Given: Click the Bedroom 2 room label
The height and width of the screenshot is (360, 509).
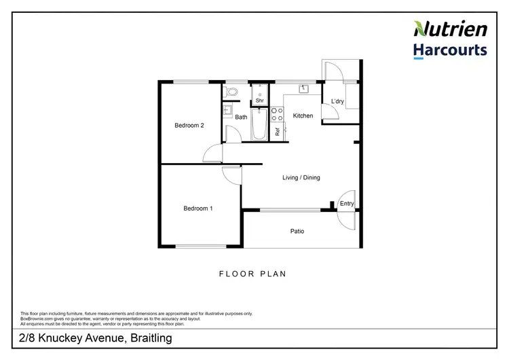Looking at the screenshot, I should click(x=189, y=125).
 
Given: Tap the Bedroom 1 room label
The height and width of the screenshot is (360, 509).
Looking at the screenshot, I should click(x=198, y=209).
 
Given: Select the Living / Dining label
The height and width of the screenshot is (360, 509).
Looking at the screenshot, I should click(x=301, y=178).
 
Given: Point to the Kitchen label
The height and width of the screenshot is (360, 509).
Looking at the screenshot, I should click(x=303, y=116).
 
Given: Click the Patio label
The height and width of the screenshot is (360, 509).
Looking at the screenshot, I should click(x=297, y=232).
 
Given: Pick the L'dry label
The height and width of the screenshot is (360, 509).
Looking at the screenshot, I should click(x=338, y=103).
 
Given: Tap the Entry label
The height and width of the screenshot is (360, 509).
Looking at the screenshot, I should click(x=347, y=204).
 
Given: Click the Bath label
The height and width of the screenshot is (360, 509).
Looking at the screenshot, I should click(x=242, y=118).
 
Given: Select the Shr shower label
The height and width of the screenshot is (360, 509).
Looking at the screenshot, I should click(x=259, y=101).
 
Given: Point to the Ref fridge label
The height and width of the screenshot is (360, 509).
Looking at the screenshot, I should click(x=278, y=132).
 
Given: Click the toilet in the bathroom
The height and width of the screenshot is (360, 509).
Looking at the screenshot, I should click(x=231, y=90).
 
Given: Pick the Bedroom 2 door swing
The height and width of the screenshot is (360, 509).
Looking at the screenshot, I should click(x=212, y=154).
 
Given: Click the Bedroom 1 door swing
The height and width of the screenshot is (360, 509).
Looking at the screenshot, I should click(x=232, y=175).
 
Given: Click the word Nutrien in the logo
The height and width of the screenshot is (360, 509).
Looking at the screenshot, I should click(x=450, y=29).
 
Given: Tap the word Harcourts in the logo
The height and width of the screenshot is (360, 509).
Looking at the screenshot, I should click(x=450, y=50).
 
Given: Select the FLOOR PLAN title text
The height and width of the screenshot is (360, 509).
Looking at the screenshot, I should click(x=252, y=274).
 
